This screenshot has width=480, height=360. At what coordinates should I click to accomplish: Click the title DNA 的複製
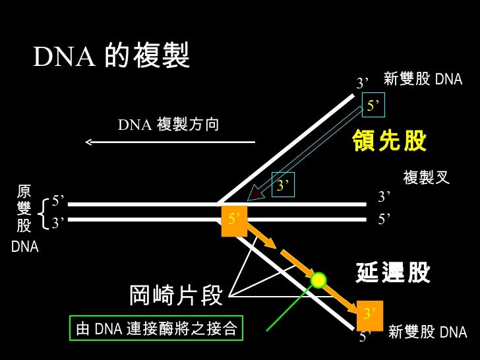[x=111, y=55]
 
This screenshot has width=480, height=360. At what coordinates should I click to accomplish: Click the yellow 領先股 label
[x=389, y=140]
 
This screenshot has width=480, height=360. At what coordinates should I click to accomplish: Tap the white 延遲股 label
[x=393, y=272]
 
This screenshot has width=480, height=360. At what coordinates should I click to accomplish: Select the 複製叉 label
[x=426, y=177]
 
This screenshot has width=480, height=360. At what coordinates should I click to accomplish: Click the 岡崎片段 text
[x=175, y=295]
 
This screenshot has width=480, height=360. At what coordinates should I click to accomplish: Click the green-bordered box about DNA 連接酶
[x=156, y=328]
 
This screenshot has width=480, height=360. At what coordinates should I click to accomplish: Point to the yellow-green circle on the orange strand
[x=318, y=280]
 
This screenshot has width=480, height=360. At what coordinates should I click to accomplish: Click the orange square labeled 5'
[x=234, y=221]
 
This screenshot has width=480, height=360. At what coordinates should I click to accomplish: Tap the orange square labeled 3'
[x=370, y=316]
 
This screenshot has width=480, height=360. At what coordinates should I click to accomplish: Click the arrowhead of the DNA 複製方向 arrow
[x=88, y=142]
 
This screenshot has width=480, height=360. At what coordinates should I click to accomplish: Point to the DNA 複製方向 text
[x=168, y=124]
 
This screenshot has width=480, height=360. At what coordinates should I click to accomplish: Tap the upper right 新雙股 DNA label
[x=423, y=78]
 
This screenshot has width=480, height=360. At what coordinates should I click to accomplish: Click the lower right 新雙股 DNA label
[x=428, y=332]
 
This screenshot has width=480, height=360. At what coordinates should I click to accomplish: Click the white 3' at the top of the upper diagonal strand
[x=363, y=83]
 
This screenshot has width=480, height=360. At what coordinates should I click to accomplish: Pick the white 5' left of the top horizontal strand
[x=58, y=201]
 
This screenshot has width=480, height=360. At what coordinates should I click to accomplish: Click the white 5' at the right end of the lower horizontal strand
[x=384, y=219]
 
